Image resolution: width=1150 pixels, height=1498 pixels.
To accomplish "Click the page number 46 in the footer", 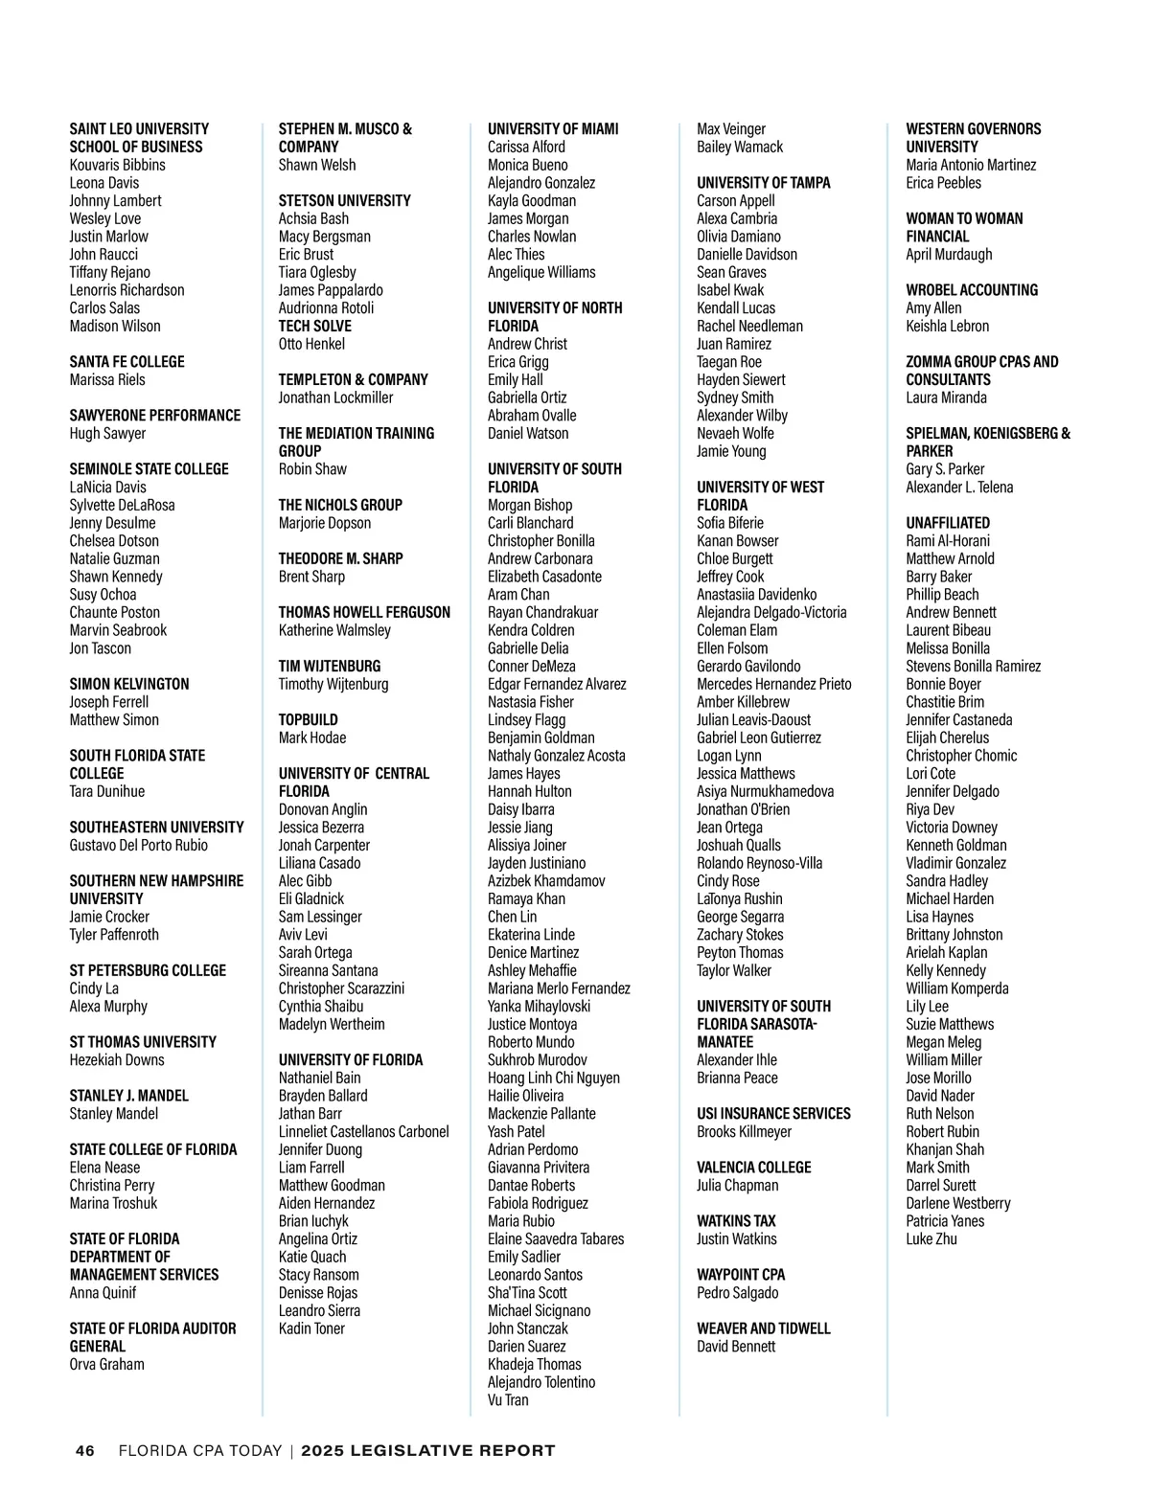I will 85,1451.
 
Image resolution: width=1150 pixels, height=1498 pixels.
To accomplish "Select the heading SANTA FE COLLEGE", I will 126,362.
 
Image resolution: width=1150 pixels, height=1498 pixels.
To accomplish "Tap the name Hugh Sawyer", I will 107,434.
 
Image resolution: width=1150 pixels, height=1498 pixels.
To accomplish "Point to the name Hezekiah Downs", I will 116,1060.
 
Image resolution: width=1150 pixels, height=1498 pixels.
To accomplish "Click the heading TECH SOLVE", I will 314,327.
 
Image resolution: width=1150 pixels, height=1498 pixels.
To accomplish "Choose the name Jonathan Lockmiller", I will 335,397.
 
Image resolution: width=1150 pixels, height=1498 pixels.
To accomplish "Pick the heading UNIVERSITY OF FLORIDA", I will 350,1060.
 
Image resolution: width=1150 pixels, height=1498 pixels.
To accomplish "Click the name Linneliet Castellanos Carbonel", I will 363,1132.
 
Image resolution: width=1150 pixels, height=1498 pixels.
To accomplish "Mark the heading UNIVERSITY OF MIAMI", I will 553,129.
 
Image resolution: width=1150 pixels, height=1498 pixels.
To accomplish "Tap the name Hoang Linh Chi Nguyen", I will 553,1078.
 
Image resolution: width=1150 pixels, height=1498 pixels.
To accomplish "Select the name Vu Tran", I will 508,1400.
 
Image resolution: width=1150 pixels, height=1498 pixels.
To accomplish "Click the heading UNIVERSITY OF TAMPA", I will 763,183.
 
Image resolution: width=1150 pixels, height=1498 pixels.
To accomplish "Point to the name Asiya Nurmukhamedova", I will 765,792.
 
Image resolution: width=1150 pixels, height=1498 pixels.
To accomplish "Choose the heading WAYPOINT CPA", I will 740,1275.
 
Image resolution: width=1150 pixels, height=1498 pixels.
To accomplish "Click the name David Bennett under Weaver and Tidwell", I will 735,1347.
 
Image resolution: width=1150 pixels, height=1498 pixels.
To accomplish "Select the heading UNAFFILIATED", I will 947,523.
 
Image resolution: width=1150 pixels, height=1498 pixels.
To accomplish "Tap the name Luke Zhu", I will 931,1239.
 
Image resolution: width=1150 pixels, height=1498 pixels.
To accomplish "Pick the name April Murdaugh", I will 949,255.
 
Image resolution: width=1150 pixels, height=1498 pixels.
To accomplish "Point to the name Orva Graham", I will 106,1365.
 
